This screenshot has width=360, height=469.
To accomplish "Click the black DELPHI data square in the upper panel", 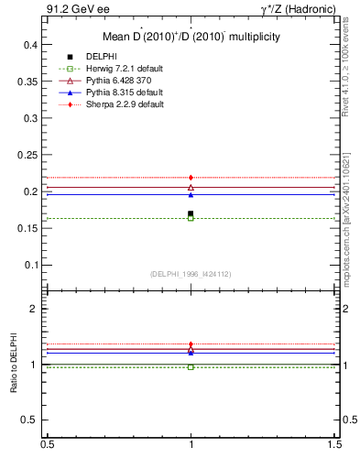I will (x=191, y=213).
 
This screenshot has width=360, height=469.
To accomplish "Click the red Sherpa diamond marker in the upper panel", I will (x=191, y=177).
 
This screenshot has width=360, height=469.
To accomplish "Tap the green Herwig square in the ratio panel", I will (x=191, y=366).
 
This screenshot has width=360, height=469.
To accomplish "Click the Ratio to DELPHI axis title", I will (x=14, y=365).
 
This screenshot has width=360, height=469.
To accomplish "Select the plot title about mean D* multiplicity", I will (x=190, y=37).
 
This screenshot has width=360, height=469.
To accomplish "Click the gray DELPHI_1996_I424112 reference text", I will (x=190, y=274).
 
